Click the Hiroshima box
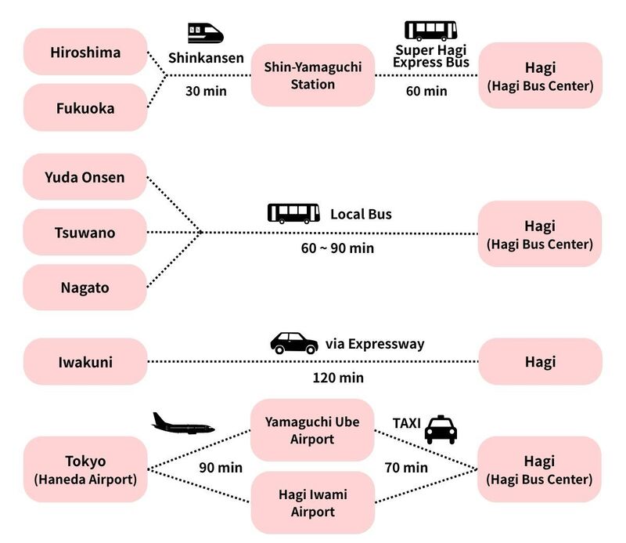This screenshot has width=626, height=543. (x=85, y=52)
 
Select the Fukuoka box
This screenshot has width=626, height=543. (x=85, y=108)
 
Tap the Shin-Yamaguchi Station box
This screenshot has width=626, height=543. (x=313, y=75)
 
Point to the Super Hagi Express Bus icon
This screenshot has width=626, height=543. (x=430, y=31)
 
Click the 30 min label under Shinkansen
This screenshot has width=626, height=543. (x=206, y=91)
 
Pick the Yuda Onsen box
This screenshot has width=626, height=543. (x=85, y=177)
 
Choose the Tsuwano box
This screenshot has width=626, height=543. (x=85, y=232)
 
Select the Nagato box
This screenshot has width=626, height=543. (x=85, y=288)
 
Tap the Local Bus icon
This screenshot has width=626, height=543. (x=293, y=213)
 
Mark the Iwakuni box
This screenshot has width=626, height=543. (x=85, y=362)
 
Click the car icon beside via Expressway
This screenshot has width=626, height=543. (x=294, y=343)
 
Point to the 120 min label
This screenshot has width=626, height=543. (x=338, y=378)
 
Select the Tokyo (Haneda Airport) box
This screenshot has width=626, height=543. (x=85, y=469)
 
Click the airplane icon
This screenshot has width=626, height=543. (x=183, y=424)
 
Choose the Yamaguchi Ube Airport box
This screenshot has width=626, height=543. (x=313, y=430)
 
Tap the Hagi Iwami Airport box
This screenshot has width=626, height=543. (x=313, y=503)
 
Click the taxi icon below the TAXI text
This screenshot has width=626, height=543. (x=441, y=430)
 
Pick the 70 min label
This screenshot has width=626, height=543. (x=406, y=468)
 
